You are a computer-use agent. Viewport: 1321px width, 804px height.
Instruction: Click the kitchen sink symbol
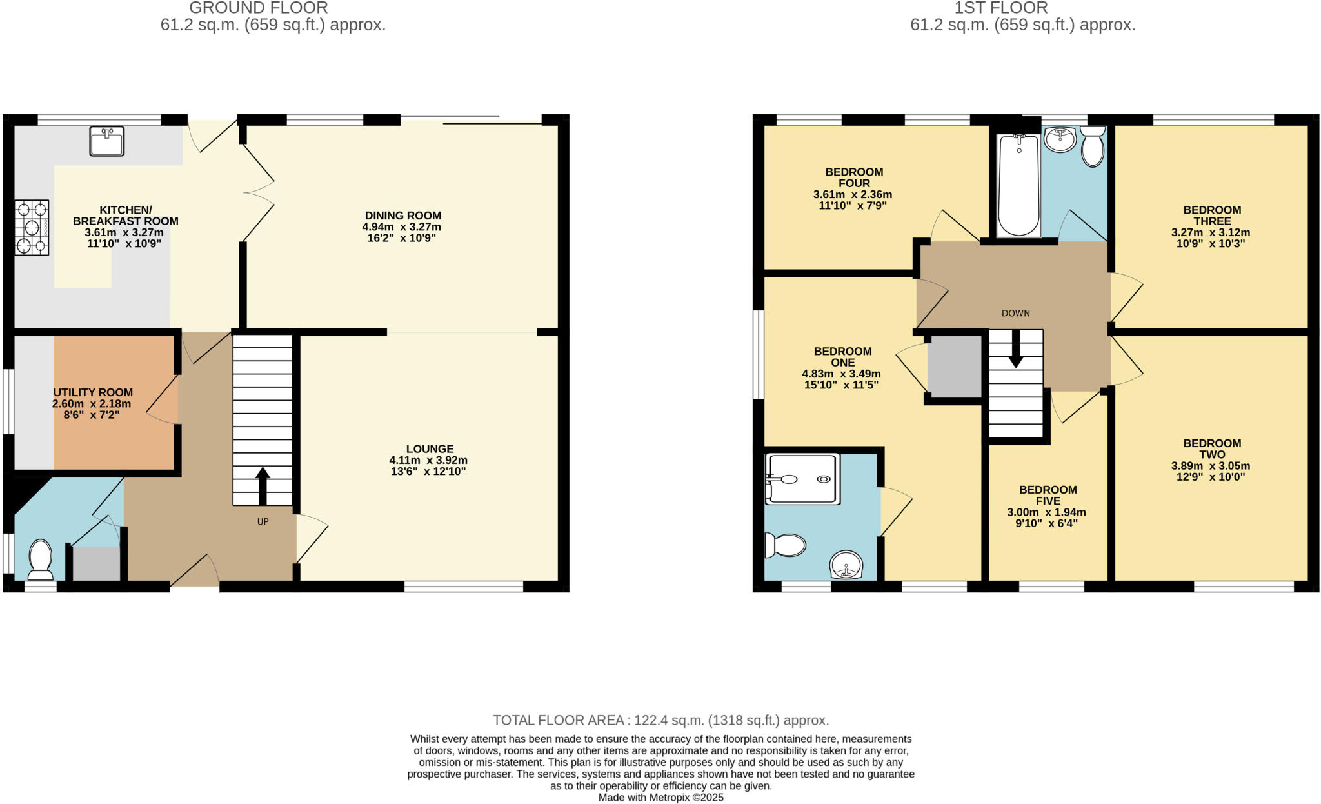(x=106, y=141)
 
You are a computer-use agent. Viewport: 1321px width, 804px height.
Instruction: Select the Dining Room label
(x=402, y=216)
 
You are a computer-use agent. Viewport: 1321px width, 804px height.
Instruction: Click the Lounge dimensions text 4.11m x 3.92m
(x=428, y=460)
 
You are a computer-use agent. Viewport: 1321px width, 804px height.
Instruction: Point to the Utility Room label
(x=93, y=392)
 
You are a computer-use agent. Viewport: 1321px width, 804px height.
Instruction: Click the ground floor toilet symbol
(x=41, y=559)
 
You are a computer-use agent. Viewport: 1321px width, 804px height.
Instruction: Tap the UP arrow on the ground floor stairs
(x=263, y=486)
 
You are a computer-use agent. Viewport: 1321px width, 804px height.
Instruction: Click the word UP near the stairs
(x=263, y=521)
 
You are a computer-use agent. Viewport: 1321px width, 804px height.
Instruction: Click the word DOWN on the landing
(x=1015, y=313)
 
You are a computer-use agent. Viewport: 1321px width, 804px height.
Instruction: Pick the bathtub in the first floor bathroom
(x=1018, y=185)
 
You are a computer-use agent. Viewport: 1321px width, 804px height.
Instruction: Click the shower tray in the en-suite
(x=802, y=479)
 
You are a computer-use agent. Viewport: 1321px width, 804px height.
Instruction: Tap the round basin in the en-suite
(x=846, y=565)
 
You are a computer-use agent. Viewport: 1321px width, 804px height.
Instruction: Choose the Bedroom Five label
(x=1048, y=495)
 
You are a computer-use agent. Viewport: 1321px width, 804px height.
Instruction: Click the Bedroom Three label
(x=1212, y=215)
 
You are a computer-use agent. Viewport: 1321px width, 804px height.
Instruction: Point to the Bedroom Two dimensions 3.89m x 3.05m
(x=1211, y=466)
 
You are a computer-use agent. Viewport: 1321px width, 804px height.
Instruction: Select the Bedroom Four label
(x=854, y=177)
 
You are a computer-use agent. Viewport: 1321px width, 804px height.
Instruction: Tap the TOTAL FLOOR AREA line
(x=660, y=720)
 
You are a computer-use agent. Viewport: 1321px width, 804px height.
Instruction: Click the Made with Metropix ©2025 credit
(x=660, y=798)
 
